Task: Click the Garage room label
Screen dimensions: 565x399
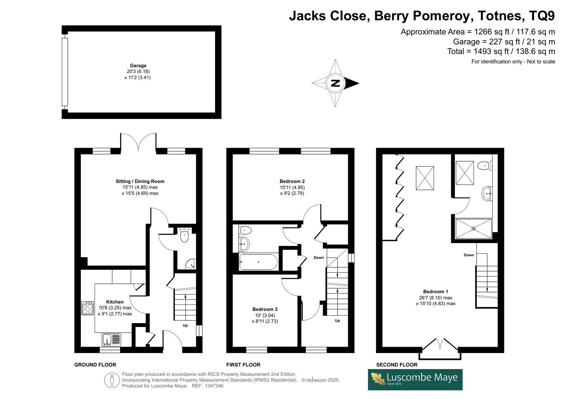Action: coord(138,66)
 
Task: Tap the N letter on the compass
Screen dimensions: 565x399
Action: coord(335,83)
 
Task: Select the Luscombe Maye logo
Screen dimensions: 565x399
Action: coord(415,380)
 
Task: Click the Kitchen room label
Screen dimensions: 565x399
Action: coord(115,302)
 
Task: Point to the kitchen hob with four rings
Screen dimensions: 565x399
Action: coord(88,308)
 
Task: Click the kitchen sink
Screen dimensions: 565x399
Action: coord(111,340)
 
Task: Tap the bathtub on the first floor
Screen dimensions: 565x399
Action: coord(258,262)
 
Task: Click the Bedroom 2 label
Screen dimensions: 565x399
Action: coord(292,181)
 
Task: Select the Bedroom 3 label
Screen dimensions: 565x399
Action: coord(265,309)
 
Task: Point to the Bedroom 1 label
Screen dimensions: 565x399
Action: coord(436,292)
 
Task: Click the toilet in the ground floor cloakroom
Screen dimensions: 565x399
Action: coord(185,235)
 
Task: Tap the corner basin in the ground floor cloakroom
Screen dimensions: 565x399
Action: coord(191,264)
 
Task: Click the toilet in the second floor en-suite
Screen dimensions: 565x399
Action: coord(484,165)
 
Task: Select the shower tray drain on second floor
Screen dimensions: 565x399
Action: coord(474,229)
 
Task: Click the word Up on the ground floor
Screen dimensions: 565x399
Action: coord(185,325)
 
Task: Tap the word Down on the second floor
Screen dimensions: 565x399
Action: coord(469,255)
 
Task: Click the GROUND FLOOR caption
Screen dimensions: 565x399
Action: coord(95,365)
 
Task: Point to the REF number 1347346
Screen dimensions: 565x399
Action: coord(214,386)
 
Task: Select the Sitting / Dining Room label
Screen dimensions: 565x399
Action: coord(140,181)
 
